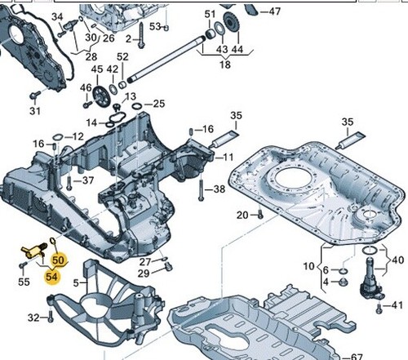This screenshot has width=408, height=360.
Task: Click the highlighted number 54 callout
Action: [x=51, y=278]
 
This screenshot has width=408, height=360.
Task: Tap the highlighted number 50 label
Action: [x=58, y=260]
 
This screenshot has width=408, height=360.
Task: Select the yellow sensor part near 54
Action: [x=34, y=249]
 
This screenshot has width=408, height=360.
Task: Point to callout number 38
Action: [x=220, y=189]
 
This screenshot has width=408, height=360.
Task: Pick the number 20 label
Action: [x=242, y=216]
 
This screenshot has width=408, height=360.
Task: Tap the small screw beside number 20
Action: [x=260, y=214]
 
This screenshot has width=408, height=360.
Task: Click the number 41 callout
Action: [x=397, y=305]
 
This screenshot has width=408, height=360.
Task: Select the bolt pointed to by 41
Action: [x=379, y=309]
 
